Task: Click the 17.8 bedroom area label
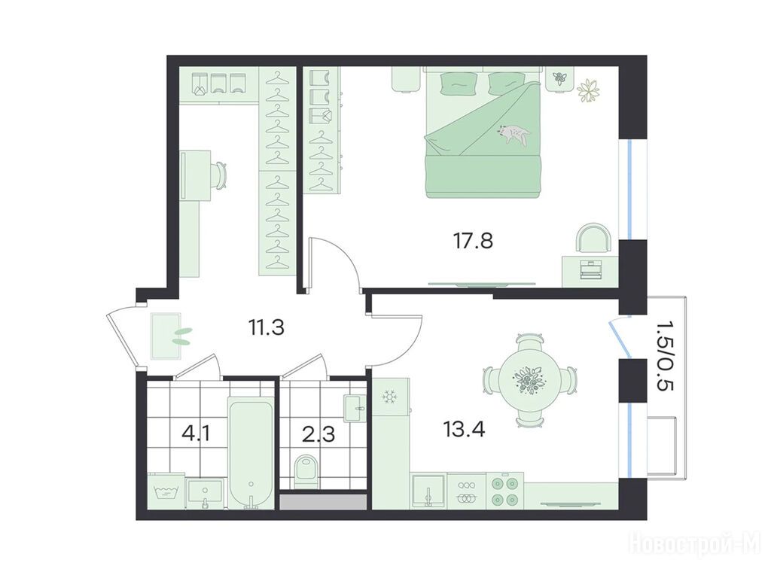click(473, 240)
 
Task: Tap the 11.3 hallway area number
click(266, 327)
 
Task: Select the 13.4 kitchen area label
click(464, 430)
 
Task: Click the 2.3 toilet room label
click(319, 434)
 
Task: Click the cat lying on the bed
click(513, 134)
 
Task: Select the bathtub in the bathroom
click(251, 454)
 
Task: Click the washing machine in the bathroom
click(166, 491)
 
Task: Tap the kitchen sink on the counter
click(428, 491)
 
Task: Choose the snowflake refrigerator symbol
click(391, 396)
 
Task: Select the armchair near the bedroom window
click(594, 238)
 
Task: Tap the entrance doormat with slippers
click(166, 336)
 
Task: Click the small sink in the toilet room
click(355, 408)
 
